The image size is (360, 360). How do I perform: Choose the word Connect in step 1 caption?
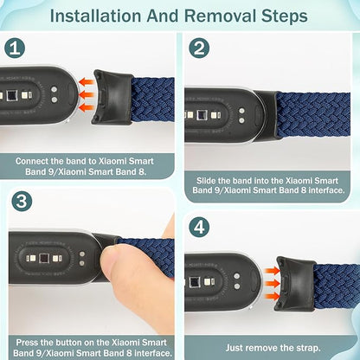point(36,160)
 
